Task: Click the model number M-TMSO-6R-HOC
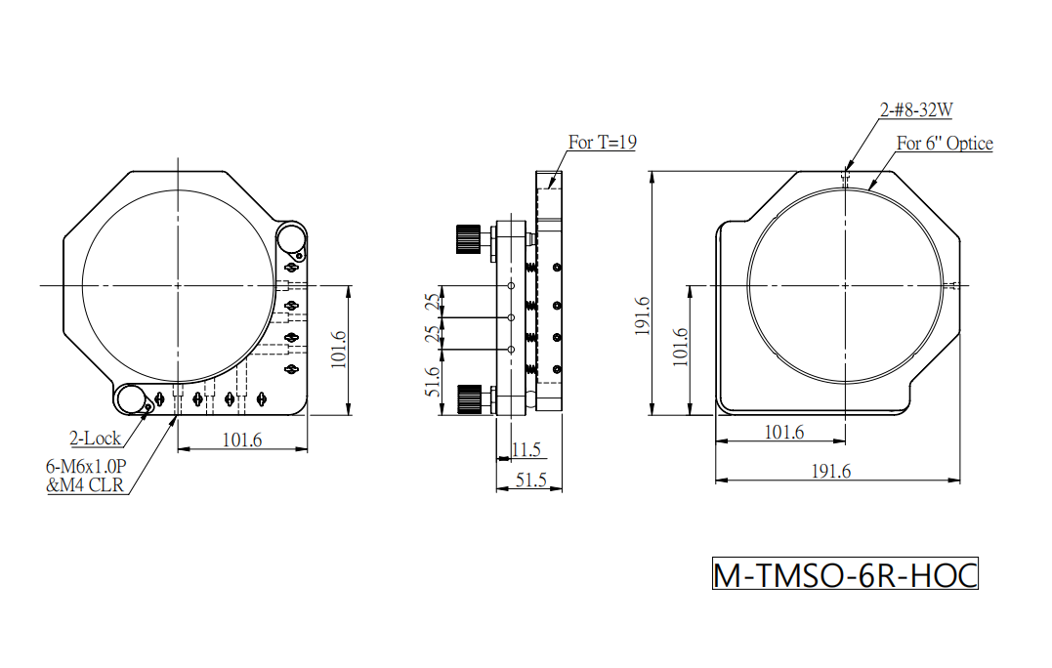(x=845, y=575)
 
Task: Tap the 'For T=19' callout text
(x=602, y=143)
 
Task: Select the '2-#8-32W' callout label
(x=916, y=110)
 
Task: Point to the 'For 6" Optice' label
(x=944, y=144)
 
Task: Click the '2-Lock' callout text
(x=96, y=438)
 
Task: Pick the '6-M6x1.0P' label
(x=86, y=466)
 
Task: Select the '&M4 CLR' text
(x=85, y=485)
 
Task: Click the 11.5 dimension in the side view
(x=526, y=449)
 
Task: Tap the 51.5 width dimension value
(x=530, y=480)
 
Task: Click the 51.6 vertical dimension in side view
(x=434, y=382)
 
